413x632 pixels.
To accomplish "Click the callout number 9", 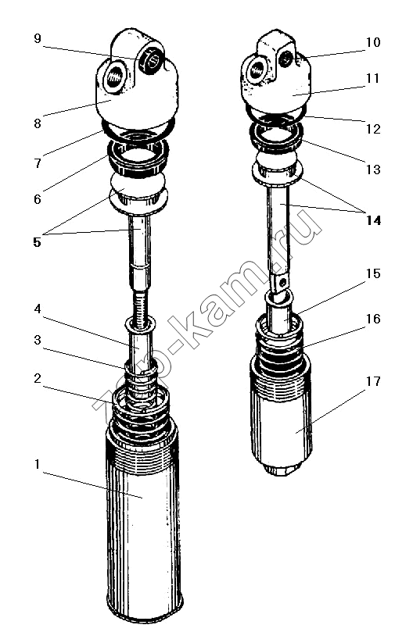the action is (37, 39).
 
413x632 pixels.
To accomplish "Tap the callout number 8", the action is (37, 123).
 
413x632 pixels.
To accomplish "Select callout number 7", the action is (37, 162).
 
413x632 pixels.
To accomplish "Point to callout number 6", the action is (37, 198).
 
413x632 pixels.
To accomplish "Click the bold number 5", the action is (37, 242).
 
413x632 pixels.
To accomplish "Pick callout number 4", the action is (37, 309).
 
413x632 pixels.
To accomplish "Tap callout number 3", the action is (37, 340).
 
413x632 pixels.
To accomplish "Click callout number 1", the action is (37, 464).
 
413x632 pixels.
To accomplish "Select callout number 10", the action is (373, 42).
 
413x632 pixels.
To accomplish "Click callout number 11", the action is (373, 78).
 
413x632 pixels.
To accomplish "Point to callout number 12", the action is (373, 129).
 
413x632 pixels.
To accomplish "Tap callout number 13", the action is (373, 170).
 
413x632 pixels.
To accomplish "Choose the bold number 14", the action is (373, 220).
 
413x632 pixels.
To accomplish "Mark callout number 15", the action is (373, 273).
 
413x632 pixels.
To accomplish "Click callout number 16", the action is (373, 319).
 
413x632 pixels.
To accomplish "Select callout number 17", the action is (373, 381).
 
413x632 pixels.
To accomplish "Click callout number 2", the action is (37, 378).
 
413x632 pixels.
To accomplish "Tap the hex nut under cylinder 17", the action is (282, 470).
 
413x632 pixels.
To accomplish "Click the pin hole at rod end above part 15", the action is (284, 281).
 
